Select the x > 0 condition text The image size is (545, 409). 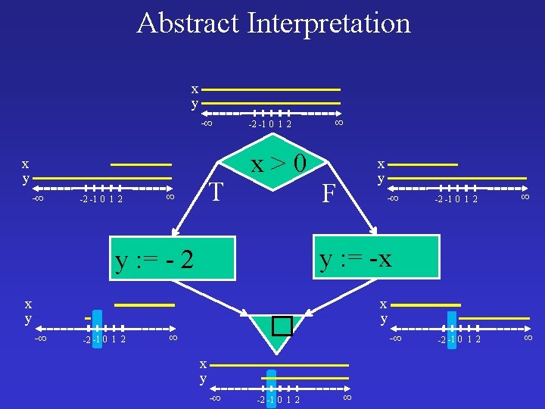click(279, 163)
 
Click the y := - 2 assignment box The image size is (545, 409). click(155, 261)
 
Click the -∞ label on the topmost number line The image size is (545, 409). click(206, 123)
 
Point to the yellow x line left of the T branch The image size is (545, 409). click(142, 164)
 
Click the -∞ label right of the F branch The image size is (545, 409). click(393, 198)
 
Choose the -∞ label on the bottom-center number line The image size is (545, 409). click(215, 398)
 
